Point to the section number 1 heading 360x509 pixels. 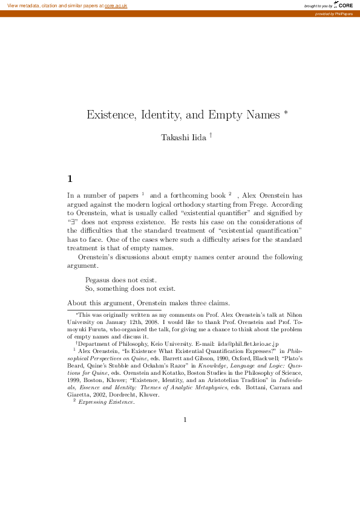(70, 178)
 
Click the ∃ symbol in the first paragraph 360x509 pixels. (73, 222)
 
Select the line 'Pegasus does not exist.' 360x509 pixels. (121, 280)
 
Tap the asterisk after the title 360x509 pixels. (285, 112)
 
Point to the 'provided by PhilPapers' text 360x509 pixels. (337, 13)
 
